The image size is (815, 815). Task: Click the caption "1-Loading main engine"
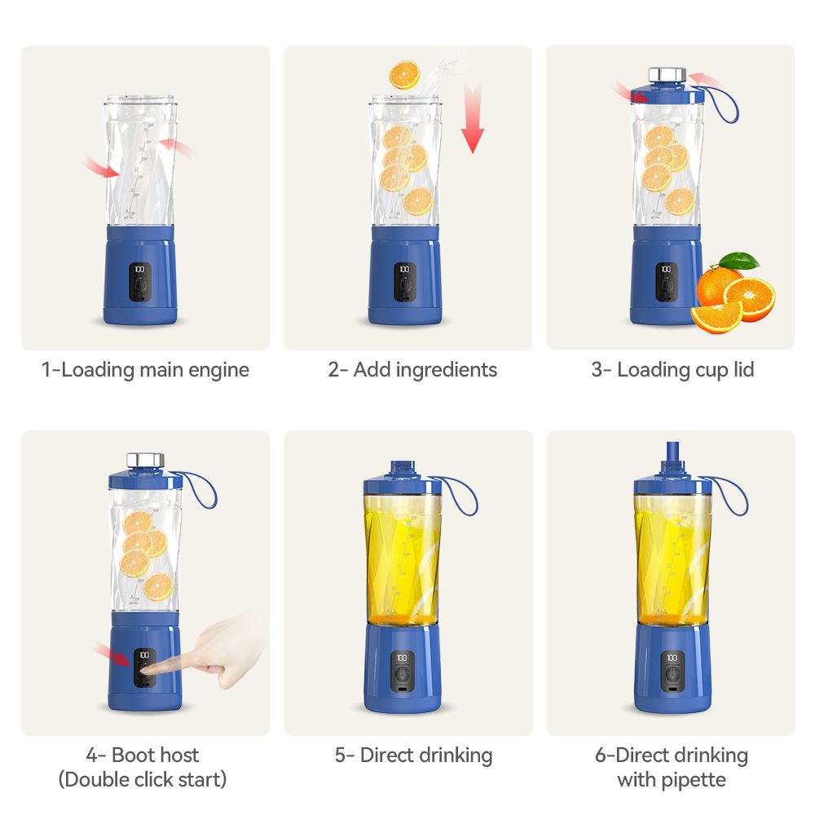[145, 370]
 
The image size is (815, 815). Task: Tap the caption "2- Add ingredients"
[412, 370]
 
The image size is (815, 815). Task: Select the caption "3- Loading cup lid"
[672, 370]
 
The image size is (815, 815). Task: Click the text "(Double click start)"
[143, 779]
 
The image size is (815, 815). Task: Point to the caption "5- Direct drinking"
[413, 756]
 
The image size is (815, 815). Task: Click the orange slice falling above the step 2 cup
[403, 75]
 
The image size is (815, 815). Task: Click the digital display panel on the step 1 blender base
[139, 282]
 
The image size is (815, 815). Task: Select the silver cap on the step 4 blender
[144, 460]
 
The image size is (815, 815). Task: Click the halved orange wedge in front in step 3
[716, 315]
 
